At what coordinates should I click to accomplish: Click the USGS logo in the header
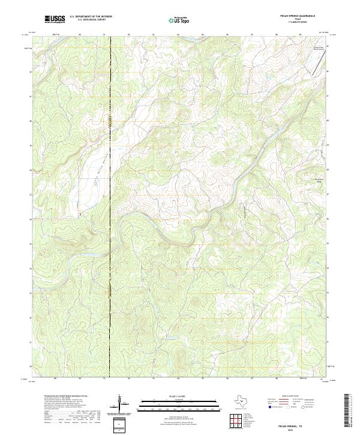(x=55, y=20)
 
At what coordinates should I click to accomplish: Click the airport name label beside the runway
(x=317, y=47)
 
